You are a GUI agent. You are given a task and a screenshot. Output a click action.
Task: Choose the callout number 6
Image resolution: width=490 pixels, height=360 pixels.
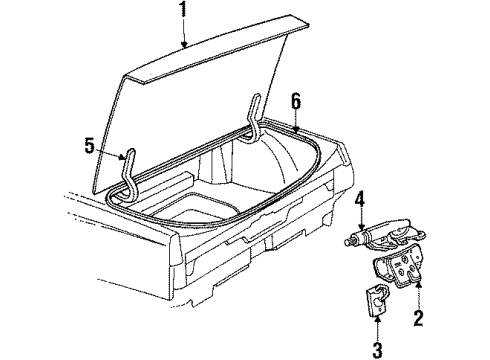click(295, 101)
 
